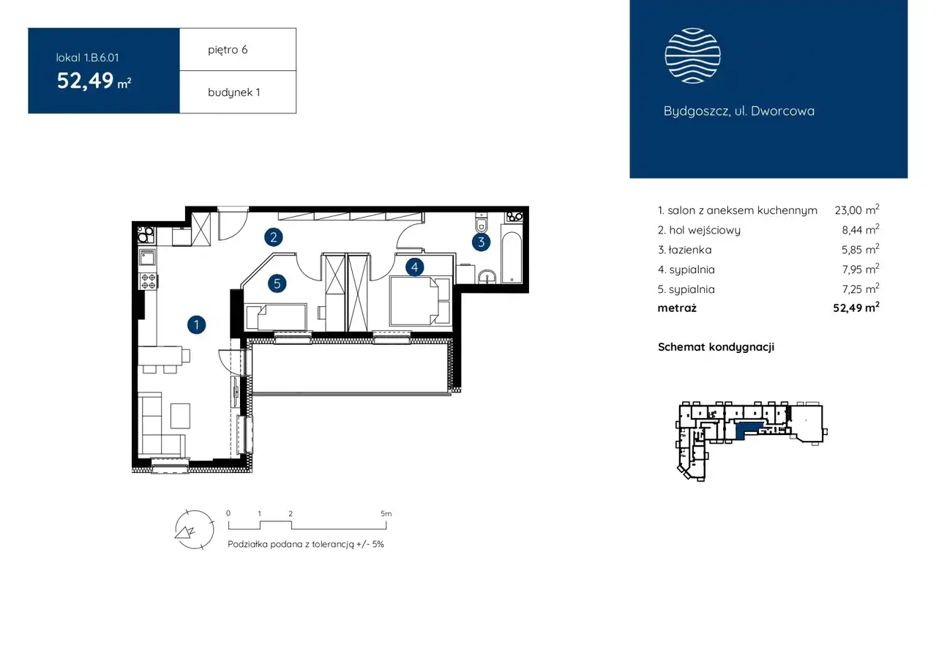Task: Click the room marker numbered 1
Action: [196, 325]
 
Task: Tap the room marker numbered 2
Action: [274, 237]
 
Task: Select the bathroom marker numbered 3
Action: [481, 242]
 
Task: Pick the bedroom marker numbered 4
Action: [414, 267]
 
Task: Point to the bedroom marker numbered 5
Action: [277, 284]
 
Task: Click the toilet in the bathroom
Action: [482, 223]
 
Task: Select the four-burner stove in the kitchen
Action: [148, 280]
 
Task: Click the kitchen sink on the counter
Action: [147, 258]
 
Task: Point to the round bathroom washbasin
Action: [487, 277]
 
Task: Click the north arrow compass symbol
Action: [195, 529]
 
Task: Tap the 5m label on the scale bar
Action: [386, 513]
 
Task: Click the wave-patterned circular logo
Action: [692, 56]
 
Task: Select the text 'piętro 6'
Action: [228, 50]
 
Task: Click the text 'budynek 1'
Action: [234, 92]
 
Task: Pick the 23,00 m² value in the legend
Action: [857, 209]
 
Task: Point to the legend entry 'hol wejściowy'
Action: [705, 230]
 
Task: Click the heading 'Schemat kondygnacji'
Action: [716, 347]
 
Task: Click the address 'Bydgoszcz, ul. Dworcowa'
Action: [738, 111]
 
